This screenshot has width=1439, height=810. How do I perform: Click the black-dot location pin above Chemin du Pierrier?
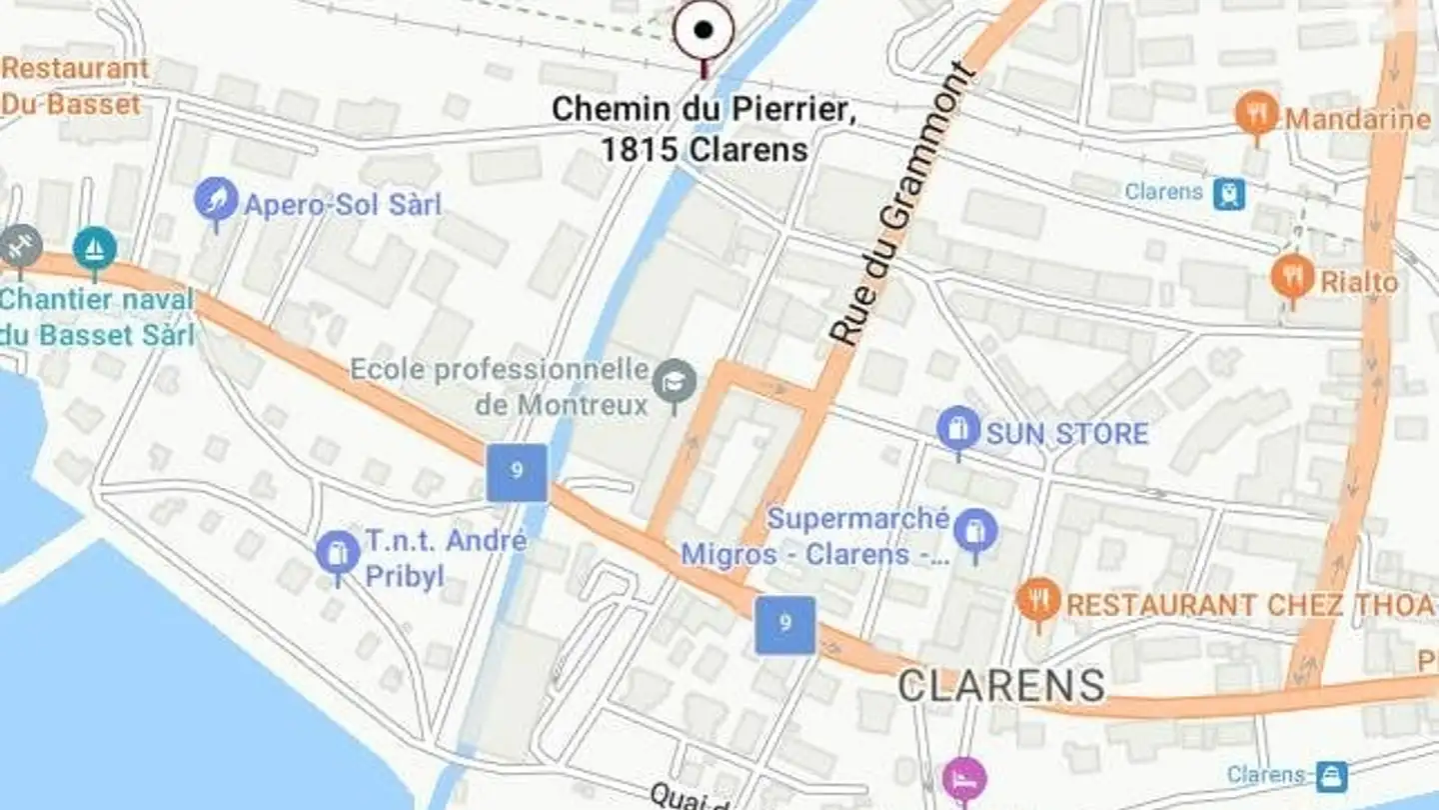point(704,31)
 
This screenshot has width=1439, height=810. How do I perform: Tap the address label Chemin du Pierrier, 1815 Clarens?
point(704,129)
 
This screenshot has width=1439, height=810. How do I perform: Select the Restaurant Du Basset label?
point(74,86)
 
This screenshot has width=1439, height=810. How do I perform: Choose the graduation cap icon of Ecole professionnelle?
point(675,382)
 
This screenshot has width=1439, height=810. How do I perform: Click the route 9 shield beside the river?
point(517,472)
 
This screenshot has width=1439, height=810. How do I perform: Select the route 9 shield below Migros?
point(784,625)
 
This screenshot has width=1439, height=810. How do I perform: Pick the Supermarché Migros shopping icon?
point(974,530)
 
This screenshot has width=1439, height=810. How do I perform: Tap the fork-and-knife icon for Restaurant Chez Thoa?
point(1038,601)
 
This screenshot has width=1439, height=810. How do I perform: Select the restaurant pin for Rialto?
point(1292,276)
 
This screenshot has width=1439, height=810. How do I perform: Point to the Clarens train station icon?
point(1229,193)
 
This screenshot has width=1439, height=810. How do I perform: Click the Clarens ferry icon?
point(1331,776)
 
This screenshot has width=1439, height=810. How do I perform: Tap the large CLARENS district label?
point(1000,686)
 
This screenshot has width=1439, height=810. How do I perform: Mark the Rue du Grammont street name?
point(902,205)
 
